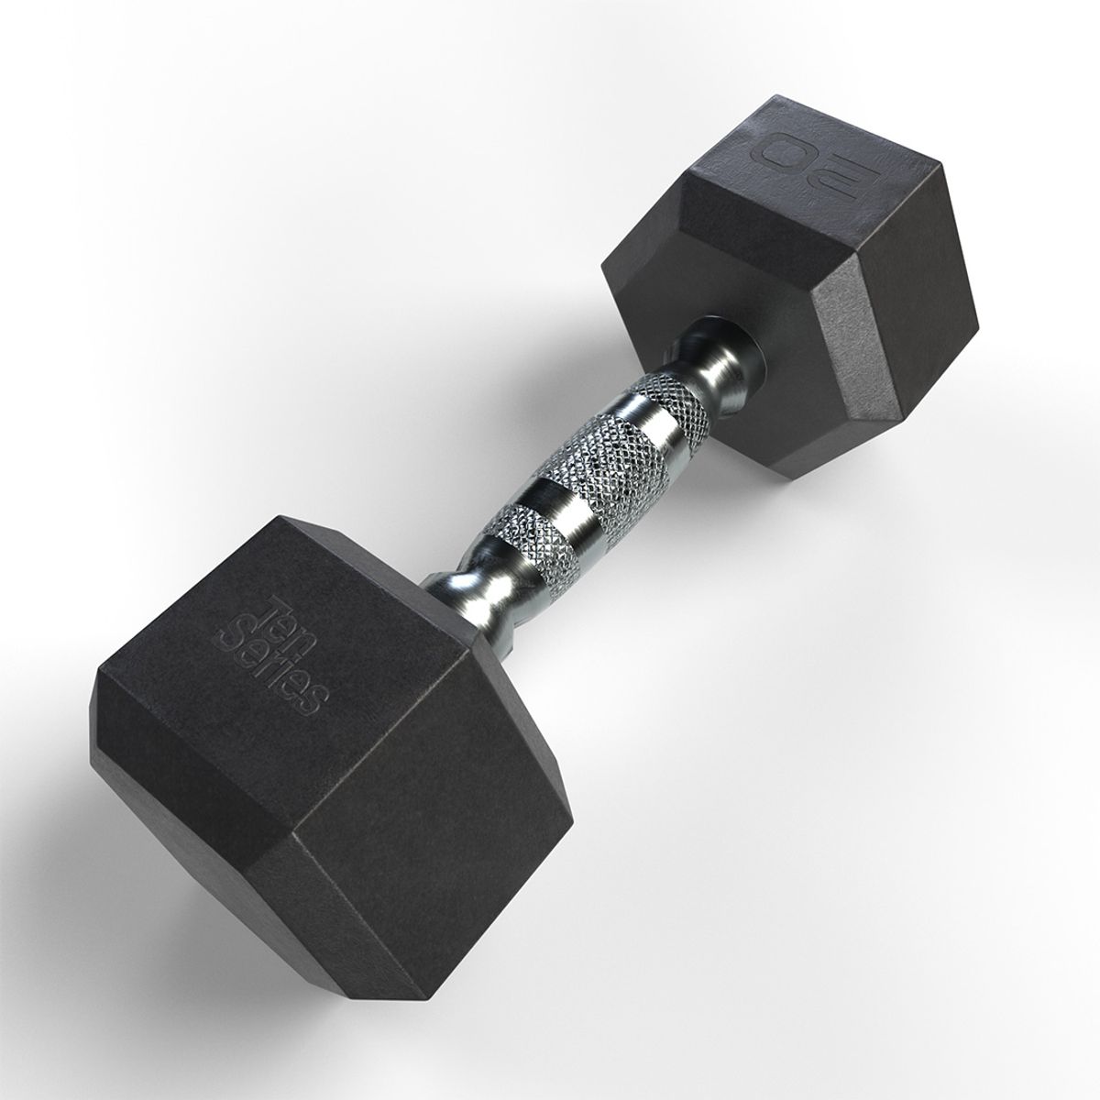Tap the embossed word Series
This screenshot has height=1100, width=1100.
point(275,655)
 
